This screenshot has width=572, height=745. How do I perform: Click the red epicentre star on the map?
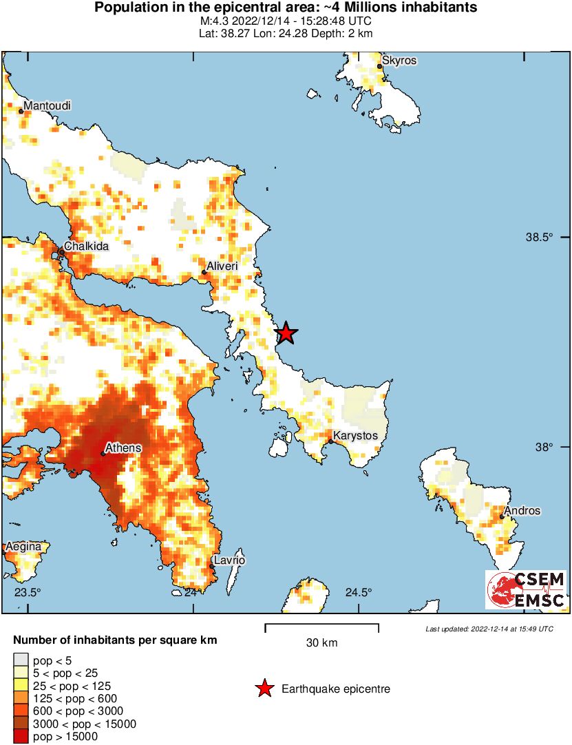click(286, 333)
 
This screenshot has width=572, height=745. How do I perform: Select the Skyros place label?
click(400, 61)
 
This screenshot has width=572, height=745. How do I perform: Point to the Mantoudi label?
click(47, 106)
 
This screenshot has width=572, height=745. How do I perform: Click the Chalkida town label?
click(86, 246)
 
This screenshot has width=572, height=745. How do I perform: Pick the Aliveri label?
click(223, 265)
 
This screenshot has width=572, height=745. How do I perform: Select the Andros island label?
click(522, 511)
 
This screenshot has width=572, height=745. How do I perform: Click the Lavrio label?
click(229, 560)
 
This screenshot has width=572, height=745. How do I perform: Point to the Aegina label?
click(23, 547)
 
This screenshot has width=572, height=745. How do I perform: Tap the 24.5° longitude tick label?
click(358, 592)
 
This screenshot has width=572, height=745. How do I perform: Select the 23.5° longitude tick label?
click(28, 592)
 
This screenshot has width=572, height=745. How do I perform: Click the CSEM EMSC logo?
click(527, 589)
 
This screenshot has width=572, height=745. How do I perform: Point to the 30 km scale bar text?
click(321, 643)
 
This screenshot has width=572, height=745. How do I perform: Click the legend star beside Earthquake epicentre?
click(264, 689)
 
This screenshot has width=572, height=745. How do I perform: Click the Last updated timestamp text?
click(489, 629)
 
